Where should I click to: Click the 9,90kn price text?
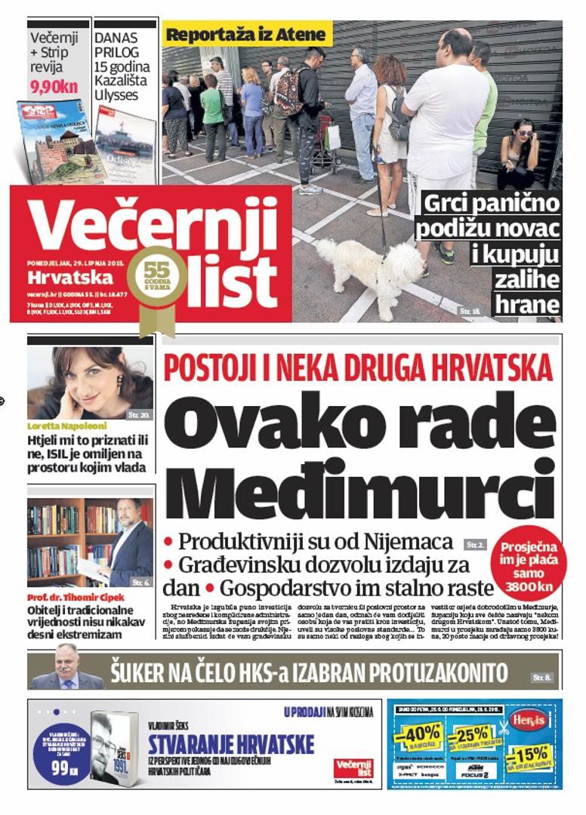point(54,87)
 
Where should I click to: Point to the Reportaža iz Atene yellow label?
point(246,35)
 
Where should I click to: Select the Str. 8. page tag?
point(541,677)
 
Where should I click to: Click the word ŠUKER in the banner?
point(147,672)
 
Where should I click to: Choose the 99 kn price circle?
point(60,769)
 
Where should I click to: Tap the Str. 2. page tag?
point(475,543)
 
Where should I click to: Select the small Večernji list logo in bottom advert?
point(353,767)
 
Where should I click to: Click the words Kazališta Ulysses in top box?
point(121,88)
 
